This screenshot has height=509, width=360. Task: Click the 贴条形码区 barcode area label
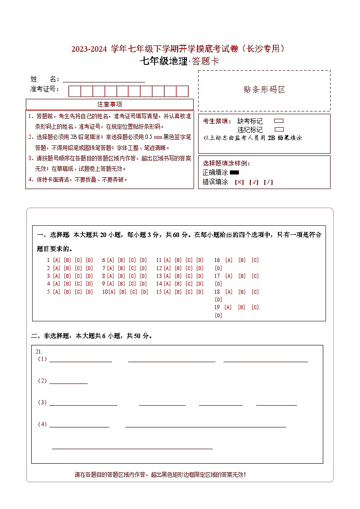click(x=264, y=90)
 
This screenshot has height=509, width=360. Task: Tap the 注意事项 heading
click(x=110, y=104)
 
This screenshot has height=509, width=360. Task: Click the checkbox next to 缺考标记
click(x=279, y=121)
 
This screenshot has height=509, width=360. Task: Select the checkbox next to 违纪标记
click(x=279, y=129)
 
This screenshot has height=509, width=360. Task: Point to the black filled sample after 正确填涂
click(x=234, y=173)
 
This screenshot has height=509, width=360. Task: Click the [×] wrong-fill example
click(x=239, y=182)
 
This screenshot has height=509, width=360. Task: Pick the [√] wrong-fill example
click(x=253, y=182)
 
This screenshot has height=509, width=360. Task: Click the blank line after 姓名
click(x=104, y=80)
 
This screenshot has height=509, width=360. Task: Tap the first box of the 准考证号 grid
click(x=74, y=91)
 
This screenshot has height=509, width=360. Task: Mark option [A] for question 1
click(x=57, y=260)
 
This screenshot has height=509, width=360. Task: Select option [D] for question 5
click(x=89, y=292)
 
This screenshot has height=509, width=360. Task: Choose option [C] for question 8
click(x=132, y=276)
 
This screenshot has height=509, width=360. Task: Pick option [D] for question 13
click(x=200, y=276)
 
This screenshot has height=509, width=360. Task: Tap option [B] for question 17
click(x=242, y=276)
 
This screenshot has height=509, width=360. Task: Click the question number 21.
click(x=39, y=351)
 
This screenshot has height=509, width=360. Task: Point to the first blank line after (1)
click(x=80, y=360)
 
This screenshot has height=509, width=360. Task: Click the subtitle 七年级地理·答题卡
click(x=179, y=61)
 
